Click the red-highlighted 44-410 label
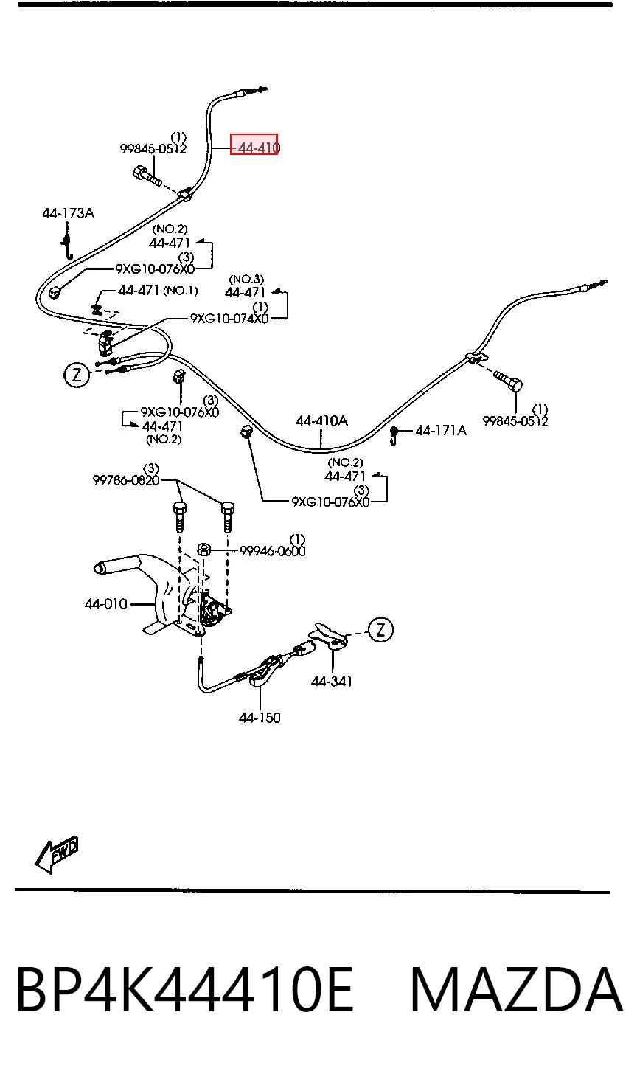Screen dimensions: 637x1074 coord(254,145)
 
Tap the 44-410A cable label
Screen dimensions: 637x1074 coord(321,421)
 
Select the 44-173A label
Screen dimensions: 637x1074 coord(68,213)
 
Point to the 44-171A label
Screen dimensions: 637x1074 coord(441,431)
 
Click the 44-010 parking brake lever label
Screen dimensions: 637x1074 coord(106,603)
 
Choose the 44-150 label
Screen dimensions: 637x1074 coord(260,718)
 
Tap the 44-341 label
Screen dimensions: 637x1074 coord(331,681)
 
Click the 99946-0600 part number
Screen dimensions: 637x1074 coord(272,551)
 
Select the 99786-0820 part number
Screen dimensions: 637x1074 coord(126,479)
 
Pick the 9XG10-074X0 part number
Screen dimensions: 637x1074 coord(229,318)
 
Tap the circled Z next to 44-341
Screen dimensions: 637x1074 coord(380,629)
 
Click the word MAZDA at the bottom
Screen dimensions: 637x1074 coord(517,990)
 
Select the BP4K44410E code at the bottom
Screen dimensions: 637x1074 coord(185,990)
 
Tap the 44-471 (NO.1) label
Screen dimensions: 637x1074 coord(158,290)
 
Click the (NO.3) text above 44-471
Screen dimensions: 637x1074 coord(246,279)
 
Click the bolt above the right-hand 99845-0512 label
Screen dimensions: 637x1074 coord(507,381)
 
